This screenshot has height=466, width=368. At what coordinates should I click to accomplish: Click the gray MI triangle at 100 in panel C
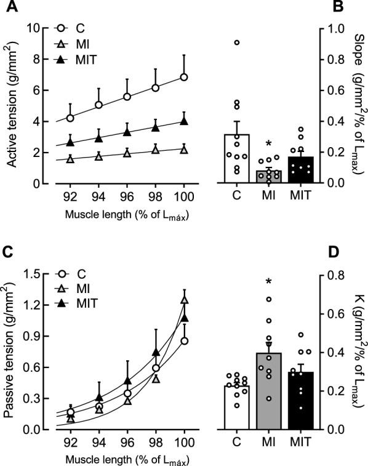(183, 300)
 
